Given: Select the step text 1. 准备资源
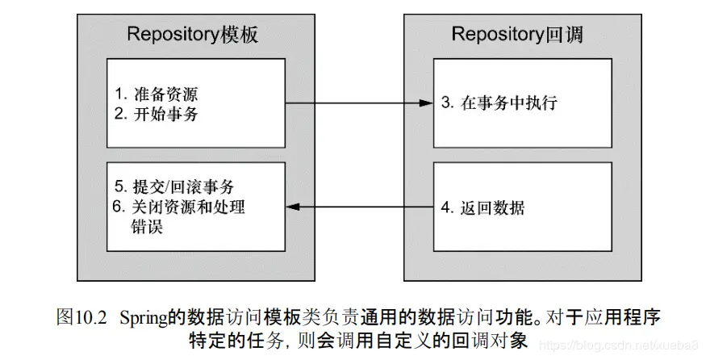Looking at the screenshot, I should point(157,94).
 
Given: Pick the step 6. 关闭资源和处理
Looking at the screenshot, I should point(178,207).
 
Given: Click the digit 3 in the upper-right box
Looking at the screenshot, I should point(445,103).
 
